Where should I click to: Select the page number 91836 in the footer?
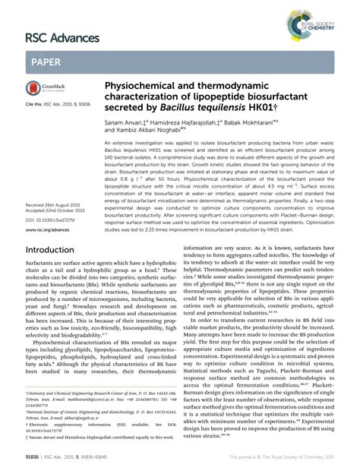34,460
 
